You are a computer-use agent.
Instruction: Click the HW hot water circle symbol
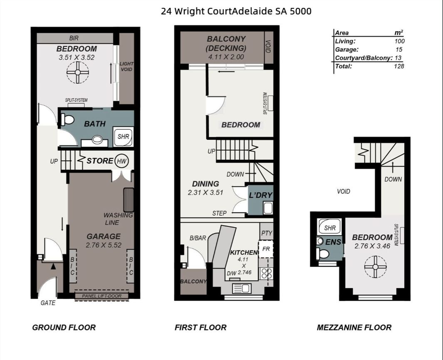122,161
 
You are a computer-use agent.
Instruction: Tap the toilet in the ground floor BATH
67,119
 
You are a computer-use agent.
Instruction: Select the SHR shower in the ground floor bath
123,137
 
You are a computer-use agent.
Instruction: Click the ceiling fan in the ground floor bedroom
78,72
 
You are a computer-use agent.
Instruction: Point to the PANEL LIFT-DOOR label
102,296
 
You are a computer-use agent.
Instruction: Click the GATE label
48,303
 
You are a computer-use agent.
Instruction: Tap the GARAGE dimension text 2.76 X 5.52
104,245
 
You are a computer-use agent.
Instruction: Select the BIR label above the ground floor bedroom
74,38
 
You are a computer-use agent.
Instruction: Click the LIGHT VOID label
126,67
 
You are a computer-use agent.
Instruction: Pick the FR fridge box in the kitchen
266,249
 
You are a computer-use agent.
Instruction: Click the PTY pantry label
266,233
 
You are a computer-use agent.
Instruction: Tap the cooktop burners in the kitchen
266,273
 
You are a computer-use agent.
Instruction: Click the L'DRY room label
260,195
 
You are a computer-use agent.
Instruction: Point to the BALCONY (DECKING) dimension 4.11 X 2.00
226,57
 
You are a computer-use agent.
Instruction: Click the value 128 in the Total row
399,66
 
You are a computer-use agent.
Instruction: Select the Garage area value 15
399,50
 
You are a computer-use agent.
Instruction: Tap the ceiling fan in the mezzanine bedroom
375,267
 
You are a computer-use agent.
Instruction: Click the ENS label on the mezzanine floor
333,242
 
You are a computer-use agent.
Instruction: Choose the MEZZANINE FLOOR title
354,328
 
